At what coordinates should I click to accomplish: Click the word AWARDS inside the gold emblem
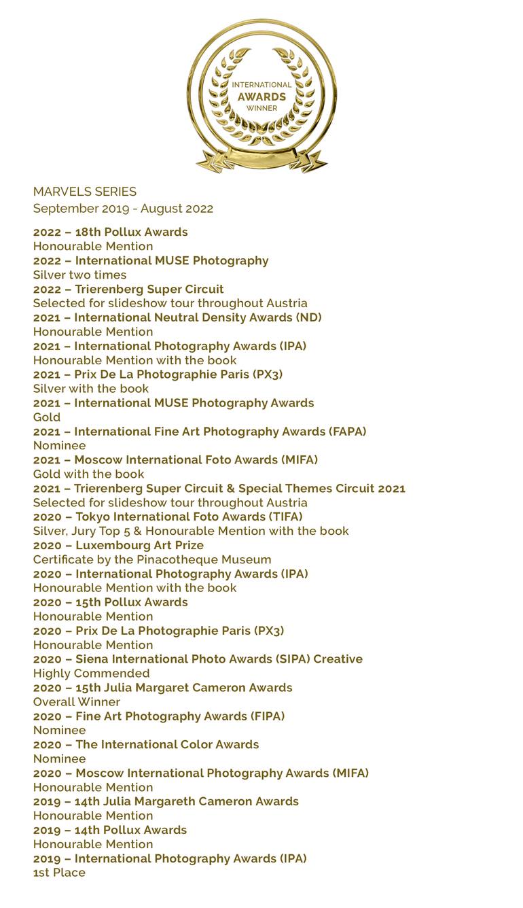(x=261, y=97)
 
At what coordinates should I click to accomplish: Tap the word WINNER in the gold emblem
(x=261, y=108)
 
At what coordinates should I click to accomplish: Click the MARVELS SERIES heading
(x=85, y=192)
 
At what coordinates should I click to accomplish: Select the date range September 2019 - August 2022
(x=123, y=209)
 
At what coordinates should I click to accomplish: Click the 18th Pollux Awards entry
(x=111, y=232)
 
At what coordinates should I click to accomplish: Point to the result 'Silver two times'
(x=79, y=275)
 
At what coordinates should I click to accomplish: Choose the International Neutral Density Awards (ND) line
(x=177, y=317)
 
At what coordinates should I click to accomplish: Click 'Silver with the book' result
(x=91, y=389)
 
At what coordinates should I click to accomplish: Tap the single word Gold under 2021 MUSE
(x=47, y=417)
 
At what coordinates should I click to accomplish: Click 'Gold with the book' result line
(x=89, y=474)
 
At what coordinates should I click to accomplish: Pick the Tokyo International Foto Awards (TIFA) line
(x=168, y=517)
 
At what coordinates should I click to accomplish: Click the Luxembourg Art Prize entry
(x=118, y=546)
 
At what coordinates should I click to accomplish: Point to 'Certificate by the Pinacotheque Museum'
(x=152, y=560)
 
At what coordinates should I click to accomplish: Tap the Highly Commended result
(x=92, y=674)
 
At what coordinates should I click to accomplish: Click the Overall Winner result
(x=77, y=702)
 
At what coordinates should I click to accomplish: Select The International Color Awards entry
(x=146, y=745)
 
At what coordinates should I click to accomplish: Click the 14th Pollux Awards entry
(x=110, y=830)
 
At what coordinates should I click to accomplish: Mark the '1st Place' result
(x=59, y=873)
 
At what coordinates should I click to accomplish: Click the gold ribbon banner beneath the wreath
(x=261, y=160)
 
